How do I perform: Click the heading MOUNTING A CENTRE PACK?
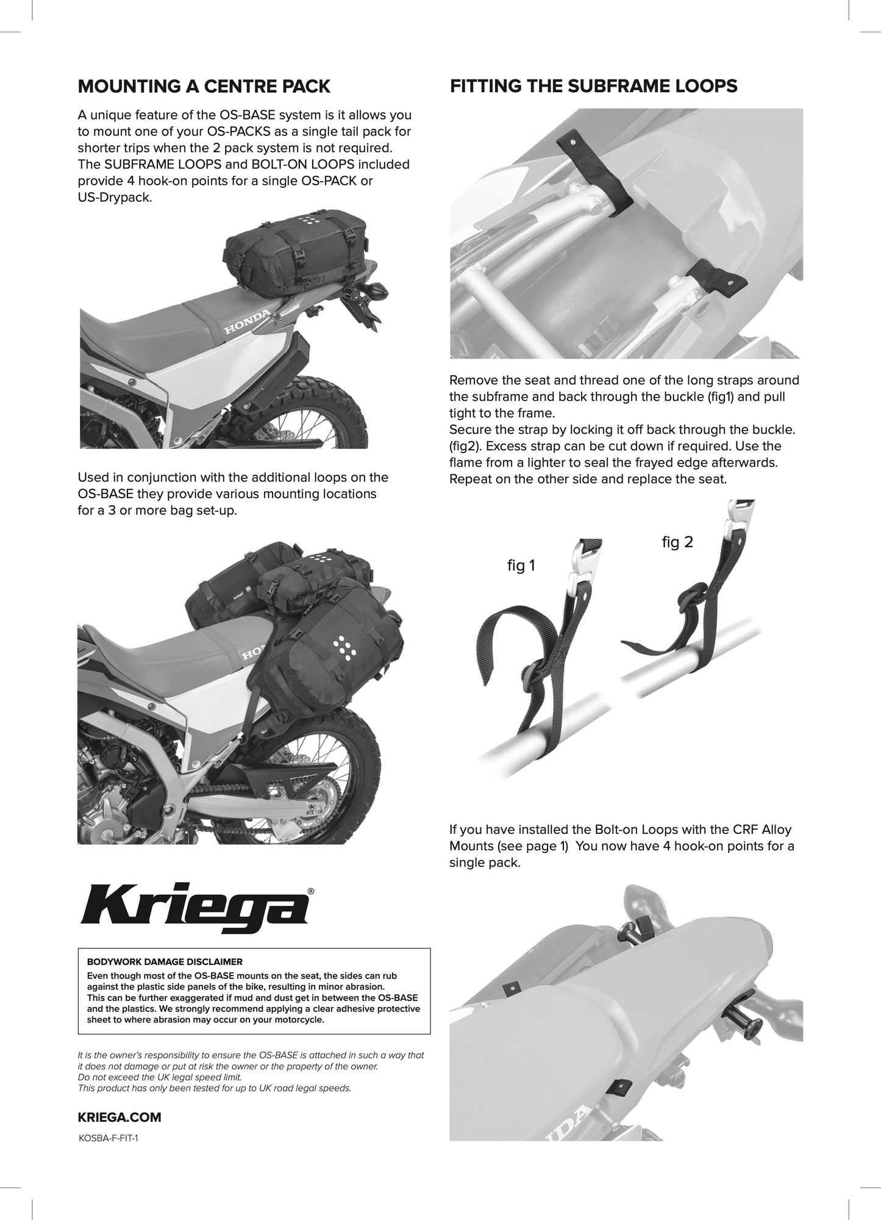204,86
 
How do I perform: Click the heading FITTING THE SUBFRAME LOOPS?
593,86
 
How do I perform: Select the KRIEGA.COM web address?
119,1118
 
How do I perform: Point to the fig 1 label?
521,565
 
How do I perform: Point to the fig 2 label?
677,542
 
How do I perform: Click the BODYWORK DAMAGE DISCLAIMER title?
165,962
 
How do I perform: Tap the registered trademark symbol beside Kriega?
311,891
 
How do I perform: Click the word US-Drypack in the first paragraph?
114,198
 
